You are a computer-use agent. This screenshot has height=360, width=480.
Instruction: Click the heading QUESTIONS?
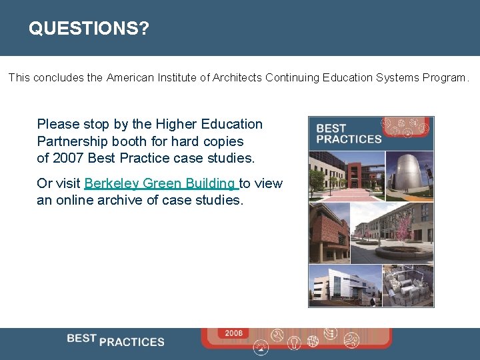pos(89,29)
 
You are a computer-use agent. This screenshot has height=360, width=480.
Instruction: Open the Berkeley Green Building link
pos(161,183)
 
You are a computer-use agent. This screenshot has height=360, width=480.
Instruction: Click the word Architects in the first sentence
pos(237,78)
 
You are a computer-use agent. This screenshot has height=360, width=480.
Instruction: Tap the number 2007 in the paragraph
pos(67,159)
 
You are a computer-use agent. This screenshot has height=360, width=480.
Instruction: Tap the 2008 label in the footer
pos(233,333)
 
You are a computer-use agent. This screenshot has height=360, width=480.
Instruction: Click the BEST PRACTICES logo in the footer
pos(115,340)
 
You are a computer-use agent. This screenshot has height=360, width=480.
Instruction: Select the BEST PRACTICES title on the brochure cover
pos(348,133)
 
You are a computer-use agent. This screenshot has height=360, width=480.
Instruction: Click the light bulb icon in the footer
pos(294,342)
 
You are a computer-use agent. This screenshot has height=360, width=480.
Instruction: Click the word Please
pos(57,124)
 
